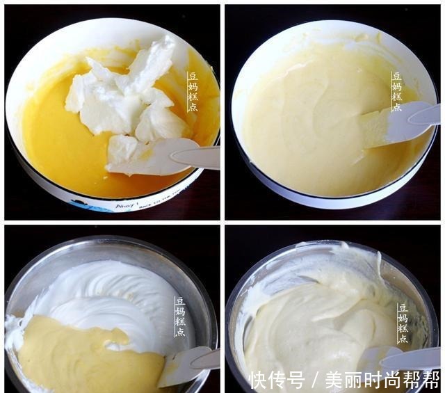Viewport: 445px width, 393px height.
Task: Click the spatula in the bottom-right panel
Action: coord(396,358)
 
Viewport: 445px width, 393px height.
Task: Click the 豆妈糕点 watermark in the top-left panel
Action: coord(193,91)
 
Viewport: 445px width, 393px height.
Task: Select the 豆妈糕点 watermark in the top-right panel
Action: coord(396,91)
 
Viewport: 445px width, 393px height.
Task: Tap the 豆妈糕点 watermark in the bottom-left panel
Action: coord(180,317)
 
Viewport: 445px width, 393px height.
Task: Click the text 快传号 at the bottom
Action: coord(277,380)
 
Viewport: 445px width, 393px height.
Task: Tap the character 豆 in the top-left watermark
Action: coord(193,76)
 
